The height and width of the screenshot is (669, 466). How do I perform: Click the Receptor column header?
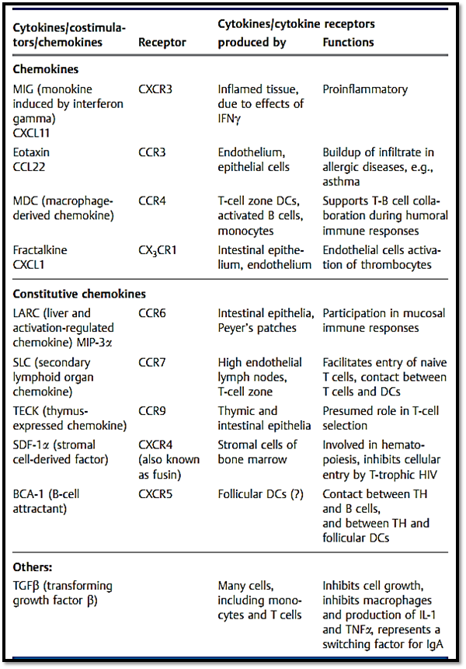click(162, 42)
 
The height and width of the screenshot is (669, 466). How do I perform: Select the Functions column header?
click(348, 42)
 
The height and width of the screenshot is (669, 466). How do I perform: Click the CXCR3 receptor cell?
click(155, 89)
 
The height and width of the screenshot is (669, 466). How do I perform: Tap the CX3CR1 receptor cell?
click(158, 250)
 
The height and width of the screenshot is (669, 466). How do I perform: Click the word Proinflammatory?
click(365, 89)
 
